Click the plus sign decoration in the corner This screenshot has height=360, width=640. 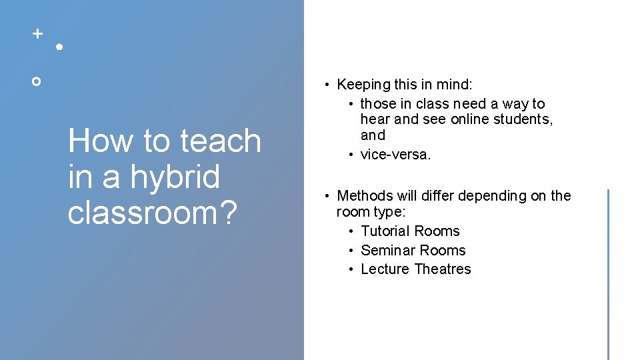click(37, 33)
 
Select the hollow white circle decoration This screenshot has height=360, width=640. click(37, 81)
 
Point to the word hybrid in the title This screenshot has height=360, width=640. click(175, 177)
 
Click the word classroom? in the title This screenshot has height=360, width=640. click(153, 213)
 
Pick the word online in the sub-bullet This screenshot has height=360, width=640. click(472, 119)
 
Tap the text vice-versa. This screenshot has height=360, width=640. click(396, 155)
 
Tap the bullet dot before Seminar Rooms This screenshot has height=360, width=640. click(350, 251)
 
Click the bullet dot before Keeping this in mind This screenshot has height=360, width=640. click(327, 85)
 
